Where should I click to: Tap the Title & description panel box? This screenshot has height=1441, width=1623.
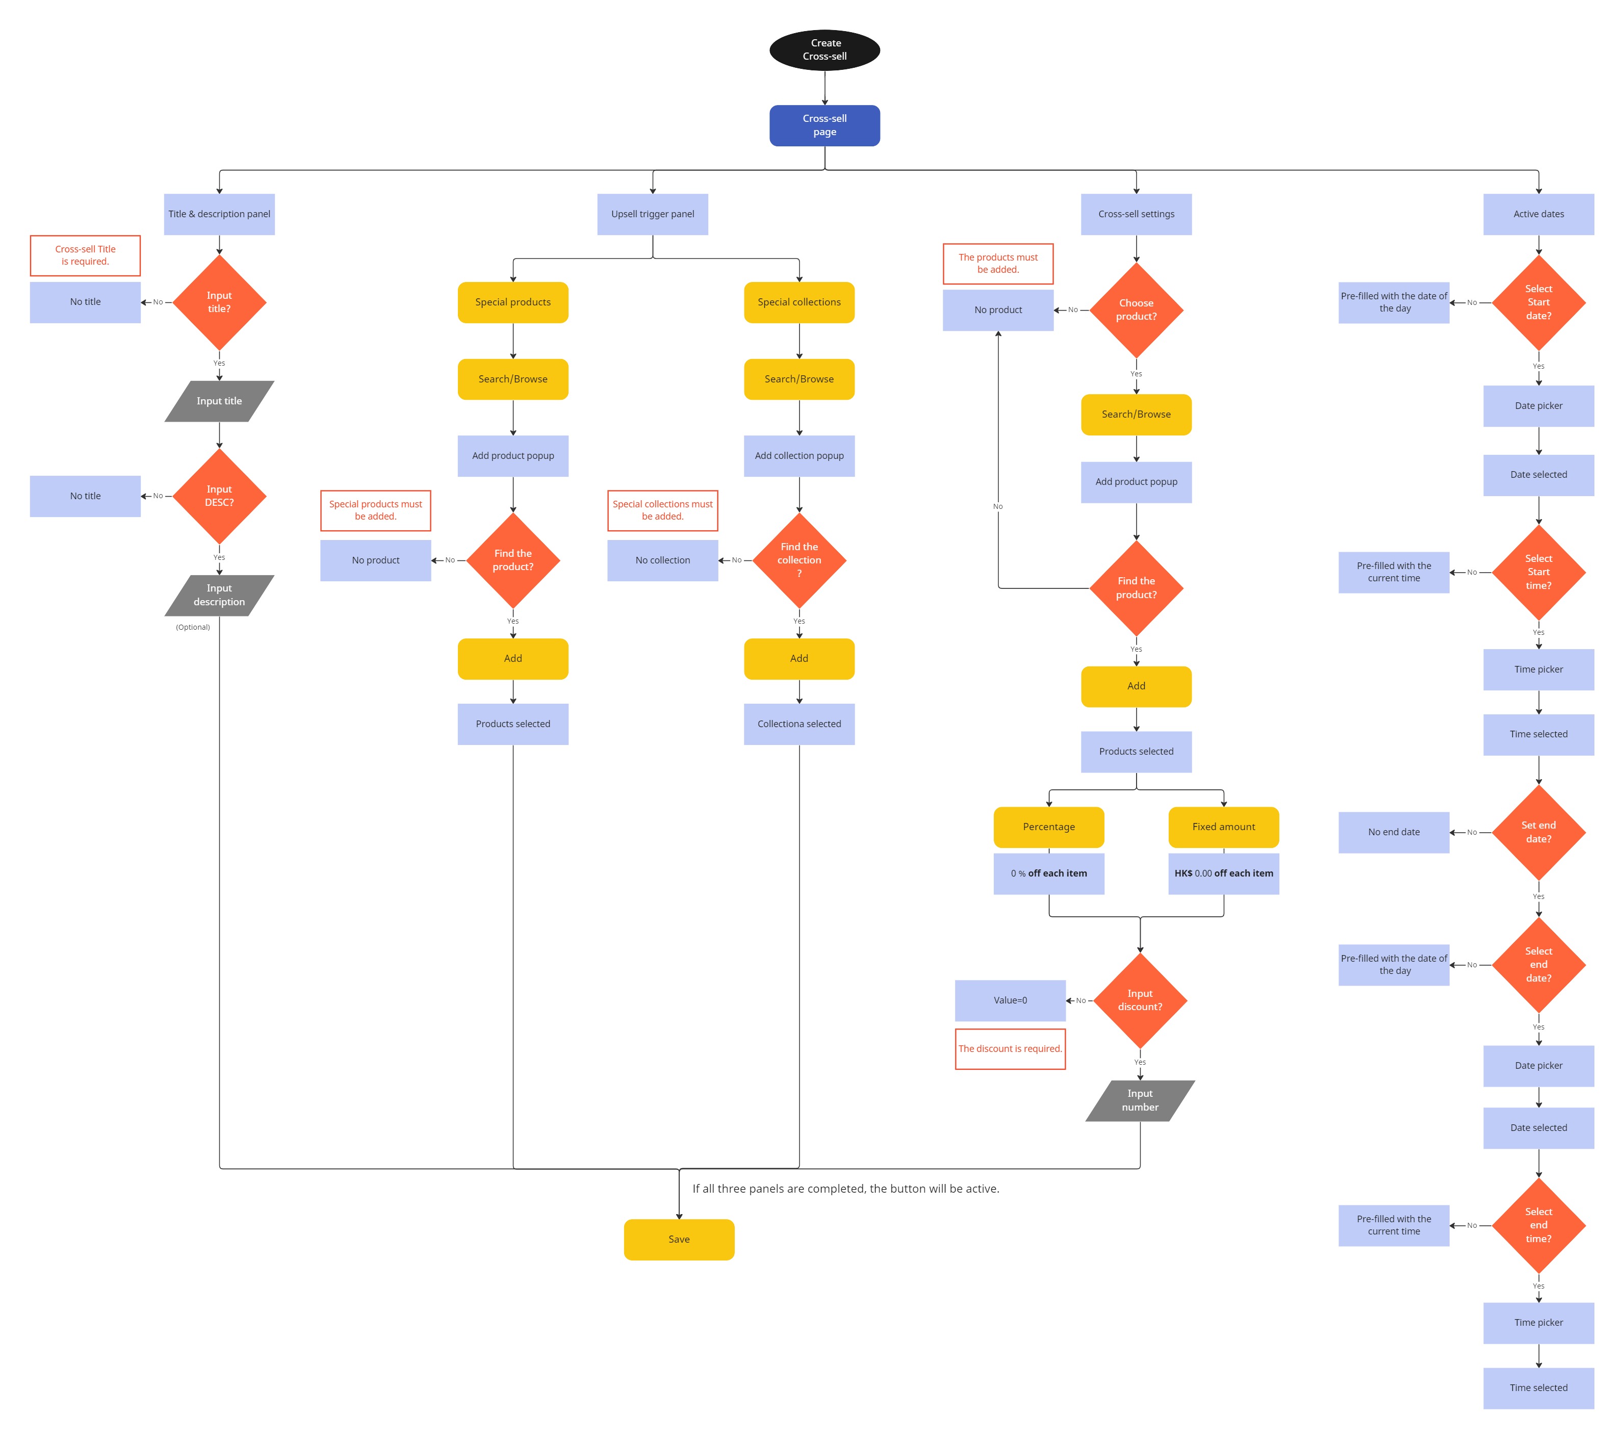(x=219, y=214)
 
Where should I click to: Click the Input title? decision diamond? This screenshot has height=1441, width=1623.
(x=219, y=302)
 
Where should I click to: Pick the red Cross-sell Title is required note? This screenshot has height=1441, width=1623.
(x=85, y=255)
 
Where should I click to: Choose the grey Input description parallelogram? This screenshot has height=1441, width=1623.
(x=219, y=596)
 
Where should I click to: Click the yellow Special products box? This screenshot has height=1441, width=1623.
(x=513, y=302)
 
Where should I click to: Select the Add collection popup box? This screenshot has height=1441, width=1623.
(x=799, y=456)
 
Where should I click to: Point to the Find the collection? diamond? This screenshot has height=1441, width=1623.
(x=799, y=560)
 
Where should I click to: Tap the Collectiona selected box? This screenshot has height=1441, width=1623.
(x=799, y=724)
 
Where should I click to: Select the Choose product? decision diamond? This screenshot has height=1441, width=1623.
(x=1136, y=310)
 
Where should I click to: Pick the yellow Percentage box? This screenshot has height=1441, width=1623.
(x=1048, y=827)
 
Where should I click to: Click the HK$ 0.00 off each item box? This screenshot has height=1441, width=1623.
(x=1224, y=873)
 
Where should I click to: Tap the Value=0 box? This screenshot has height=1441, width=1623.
(x=1010, y=1000)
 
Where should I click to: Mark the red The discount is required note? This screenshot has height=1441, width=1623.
(x=1010, y=1049)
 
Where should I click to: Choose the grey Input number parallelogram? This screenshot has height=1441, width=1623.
(x=1140, y=1100)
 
